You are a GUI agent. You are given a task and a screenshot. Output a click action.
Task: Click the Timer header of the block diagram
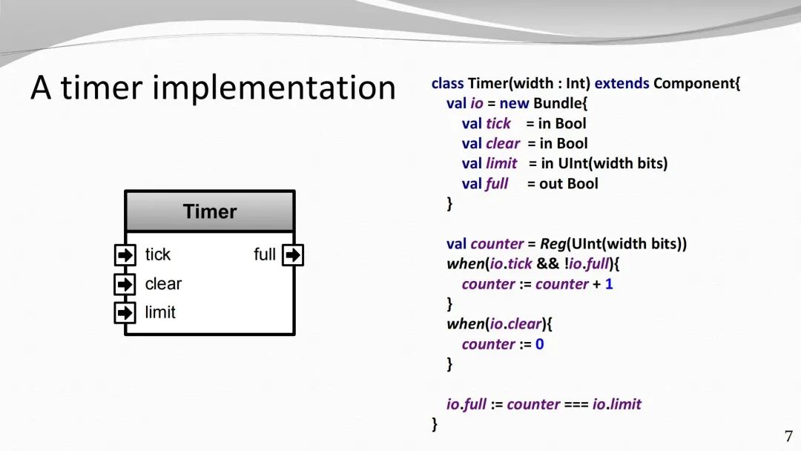(209, 211)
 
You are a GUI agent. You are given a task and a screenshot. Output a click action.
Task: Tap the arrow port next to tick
(125, 255)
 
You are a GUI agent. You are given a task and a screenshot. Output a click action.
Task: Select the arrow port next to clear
(125, 284)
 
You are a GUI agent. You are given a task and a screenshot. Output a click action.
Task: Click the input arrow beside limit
(125, 312)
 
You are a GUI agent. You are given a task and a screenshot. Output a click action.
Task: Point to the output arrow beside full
(293, 255)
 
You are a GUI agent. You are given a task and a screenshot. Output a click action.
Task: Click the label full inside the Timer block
(265, 254)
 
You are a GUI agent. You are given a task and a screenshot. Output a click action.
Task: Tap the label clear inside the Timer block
(163, 283)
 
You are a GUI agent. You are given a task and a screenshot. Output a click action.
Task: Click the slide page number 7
(788, 436)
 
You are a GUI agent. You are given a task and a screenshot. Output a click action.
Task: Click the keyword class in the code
(447, 83)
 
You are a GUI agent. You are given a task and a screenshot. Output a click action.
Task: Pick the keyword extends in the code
(622, 83)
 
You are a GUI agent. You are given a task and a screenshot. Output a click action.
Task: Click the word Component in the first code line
(694, 84)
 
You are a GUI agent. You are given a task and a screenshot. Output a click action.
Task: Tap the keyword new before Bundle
(515, 103)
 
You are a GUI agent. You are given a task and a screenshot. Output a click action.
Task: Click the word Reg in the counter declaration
(553, 244)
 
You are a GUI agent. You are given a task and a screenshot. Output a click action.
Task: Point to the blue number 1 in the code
(609, 284)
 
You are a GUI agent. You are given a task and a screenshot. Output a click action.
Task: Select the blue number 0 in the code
(539, 344)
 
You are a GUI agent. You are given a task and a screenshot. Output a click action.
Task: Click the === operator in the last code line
(576, 404)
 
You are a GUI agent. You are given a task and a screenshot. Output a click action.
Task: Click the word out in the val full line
(551, 184)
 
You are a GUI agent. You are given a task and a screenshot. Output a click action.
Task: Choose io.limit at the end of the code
(616, 404)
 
